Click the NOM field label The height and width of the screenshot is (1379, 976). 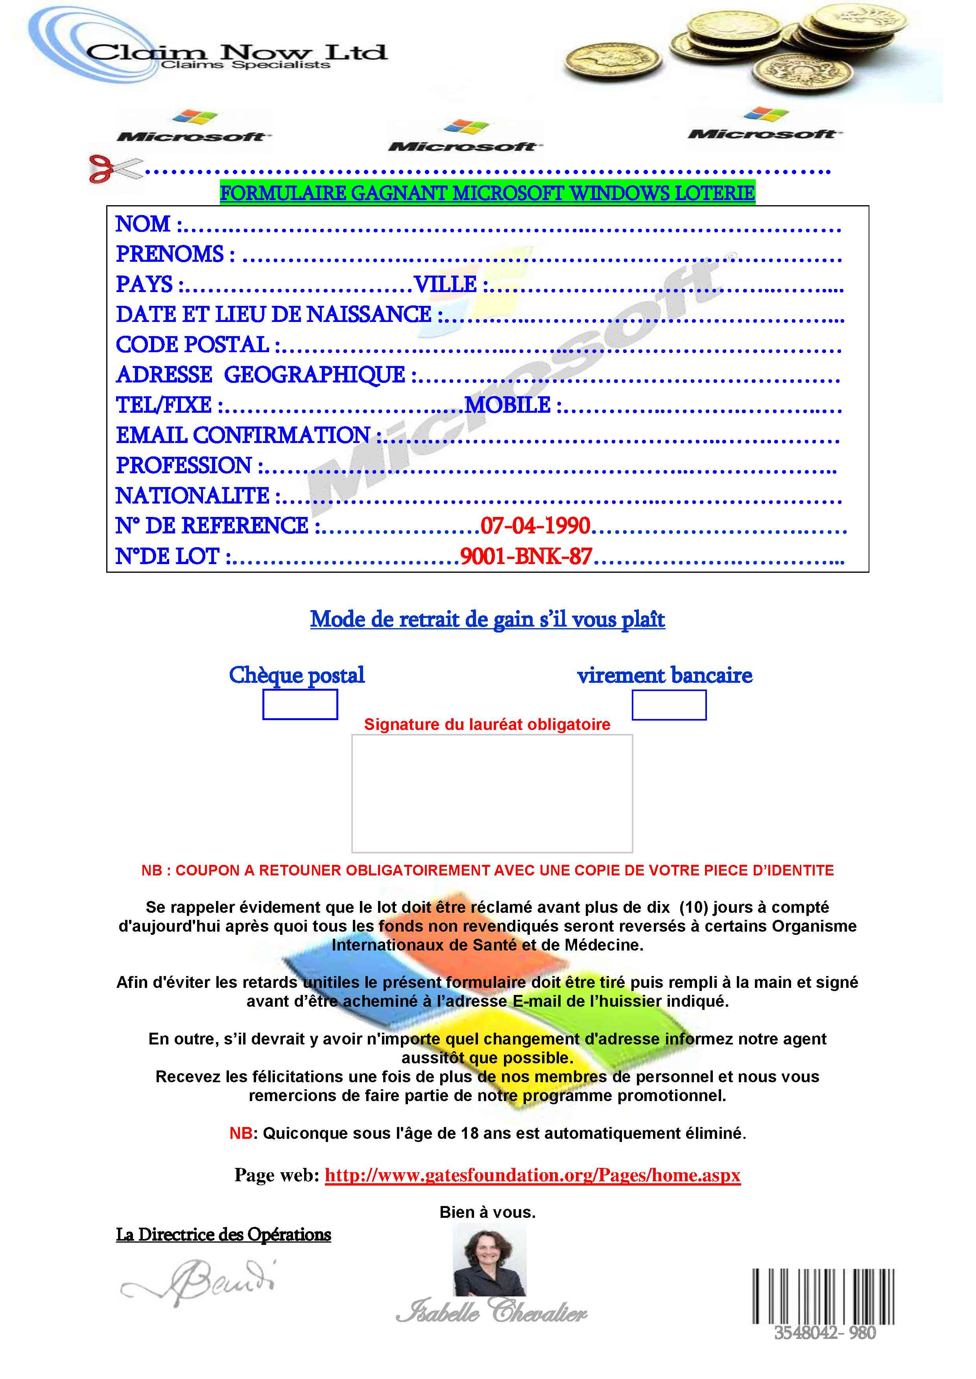(143, 224)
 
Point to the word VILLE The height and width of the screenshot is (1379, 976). (445, 284)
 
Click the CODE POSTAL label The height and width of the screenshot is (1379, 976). (192, 345)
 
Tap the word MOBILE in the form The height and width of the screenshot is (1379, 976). (508, 405)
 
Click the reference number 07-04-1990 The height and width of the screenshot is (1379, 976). (535, 526)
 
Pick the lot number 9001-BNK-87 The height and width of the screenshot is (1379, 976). (526, 557)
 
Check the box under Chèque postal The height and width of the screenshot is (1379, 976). (300, 704)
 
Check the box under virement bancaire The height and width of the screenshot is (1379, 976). (669, 705)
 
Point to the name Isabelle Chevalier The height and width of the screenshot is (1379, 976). (492, 1311)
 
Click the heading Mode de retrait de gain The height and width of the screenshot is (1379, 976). (487, 619)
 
